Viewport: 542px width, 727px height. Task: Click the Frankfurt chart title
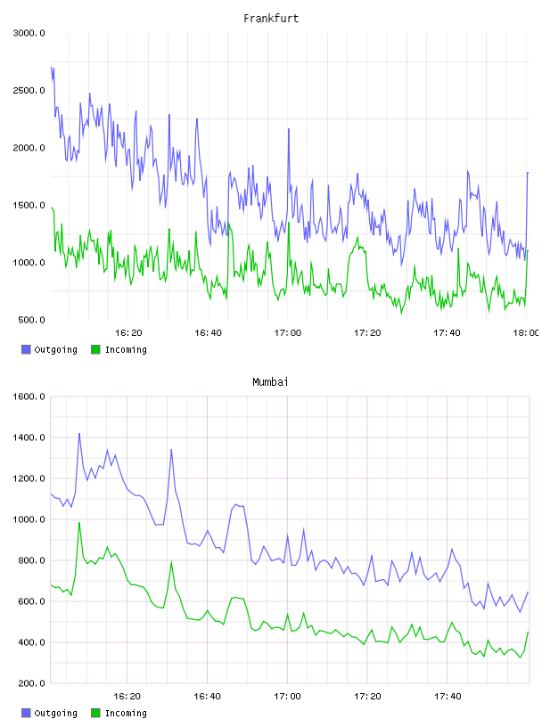[x=271, y=19]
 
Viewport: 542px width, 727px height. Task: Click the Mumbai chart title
[x=270, y=382]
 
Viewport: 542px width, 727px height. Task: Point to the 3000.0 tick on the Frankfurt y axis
[x=29, y=33]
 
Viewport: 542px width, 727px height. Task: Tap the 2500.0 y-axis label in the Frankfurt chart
[x=29, y=90]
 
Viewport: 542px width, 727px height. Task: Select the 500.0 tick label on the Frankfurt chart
[x=31, y=320]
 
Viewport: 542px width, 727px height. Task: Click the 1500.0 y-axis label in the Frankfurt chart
[x=29, y=206]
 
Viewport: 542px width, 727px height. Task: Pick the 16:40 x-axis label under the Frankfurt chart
[x=208, y=333]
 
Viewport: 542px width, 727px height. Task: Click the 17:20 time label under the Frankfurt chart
[x=367, y=333]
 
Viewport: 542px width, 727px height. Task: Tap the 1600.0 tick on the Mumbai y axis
[x=29, y=396]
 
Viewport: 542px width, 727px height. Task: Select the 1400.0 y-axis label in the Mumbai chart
[x=29, y=437]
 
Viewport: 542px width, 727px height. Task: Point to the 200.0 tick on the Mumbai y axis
[x=31, y=683]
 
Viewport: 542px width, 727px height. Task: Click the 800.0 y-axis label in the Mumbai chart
[x=31, y=560]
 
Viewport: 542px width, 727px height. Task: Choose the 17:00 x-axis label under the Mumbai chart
[x=287, y=697]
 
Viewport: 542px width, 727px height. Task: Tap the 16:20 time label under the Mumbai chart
[x=127, y=697]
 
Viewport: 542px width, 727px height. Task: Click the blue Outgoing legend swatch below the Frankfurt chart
[x=26, y=349]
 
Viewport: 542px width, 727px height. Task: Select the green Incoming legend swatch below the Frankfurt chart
[x=95, y=349]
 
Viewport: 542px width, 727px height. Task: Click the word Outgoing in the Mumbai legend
[x=55, y=713]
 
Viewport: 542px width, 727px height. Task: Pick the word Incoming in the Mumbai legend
[x=126, y=713]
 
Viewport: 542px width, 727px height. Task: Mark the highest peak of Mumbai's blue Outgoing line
[x=79, y=434]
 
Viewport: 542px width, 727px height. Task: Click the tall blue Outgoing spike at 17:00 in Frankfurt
[x=289, y=129]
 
